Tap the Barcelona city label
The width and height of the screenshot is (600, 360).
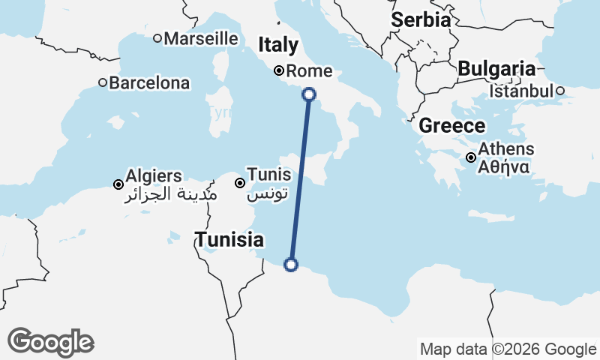[149, 82]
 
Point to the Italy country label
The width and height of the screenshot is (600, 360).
[278, 46]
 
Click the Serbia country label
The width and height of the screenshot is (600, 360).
[421, 19]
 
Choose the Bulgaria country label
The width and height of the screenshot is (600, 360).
[496, 69]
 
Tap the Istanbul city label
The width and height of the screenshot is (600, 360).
[521, 91]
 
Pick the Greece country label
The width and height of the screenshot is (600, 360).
[452, 125]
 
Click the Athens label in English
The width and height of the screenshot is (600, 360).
[505, 148]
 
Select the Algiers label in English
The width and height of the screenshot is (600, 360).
[154, 176]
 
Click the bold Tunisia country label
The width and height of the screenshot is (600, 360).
[229, 240]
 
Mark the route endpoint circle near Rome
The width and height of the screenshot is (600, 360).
[309, 94]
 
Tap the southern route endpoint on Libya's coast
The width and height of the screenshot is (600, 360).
[291, 264]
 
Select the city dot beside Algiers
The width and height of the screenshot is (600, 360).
[118, 184]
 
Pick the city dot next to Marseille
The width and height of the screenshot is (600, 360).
[157, 38]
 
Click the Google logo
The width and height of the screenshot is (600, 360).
[50, 342]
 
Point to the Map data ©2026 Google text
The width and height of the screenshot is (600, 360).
[508, 349]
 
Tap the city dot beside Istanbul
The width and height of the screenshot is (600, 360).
[559, 91]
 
